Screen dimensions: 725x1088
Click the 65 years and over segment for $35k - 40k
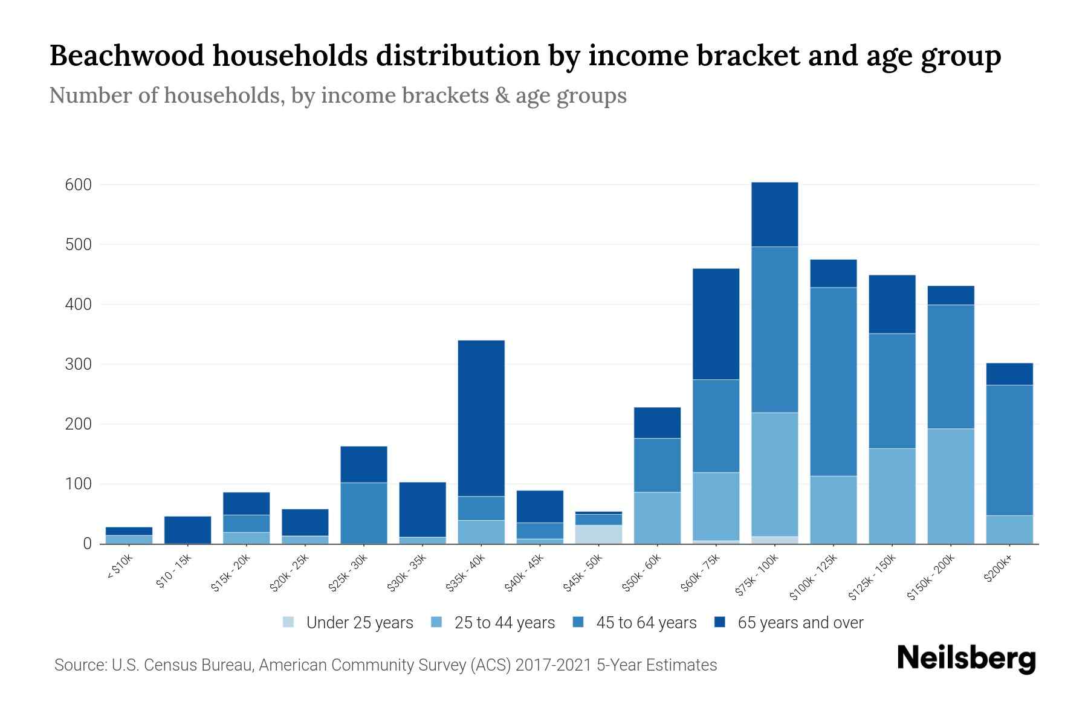481,418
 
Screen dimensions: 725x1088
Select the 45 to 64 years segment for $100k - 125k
833,381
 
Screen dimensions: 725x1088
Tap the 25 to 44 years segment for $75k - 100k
774,474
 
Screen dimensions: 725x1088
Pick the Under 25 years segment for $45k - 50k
598,534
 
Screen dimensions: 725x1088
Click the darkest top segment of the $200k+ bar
1009,374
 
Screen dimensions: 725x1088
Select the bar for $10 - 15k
187,529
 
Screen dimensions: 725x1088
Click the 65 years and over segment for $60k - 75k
716,324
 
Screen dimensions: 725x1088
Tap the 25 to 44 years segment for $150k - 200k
950,486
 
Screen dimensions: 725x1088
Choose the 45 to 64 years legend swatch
578,622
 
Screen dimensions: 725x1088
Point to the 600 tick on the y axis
79,185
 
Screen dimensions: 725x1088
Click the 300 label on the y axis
79,364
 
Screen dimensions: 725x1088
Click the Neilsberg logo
966,659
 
